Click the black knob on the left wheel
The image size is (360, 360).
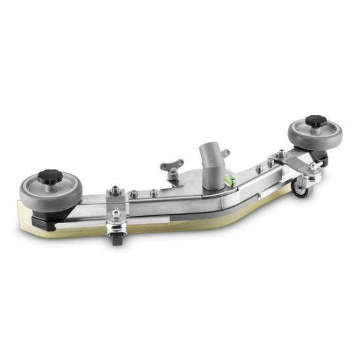[48, 176]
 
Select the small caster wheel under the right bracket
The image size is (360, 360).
[300, 188]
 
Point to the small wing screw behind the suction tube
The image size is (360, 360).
[225, 155]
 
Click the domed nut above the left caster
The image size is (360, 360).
[116, 213]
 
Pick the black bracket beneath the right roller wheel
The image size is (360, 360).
[319, 155]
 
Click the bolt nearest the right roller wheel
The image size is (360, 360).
[281, 154]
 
